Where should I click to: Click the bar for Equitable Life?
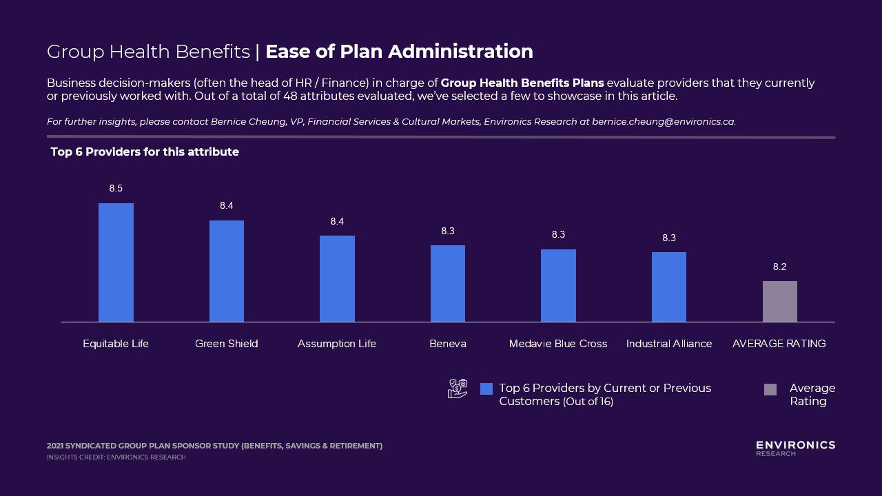[x=116, y=262]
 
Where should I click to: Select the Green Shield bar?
[x=227, y=271]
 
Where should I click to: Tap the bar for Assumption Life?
[x=337, y=278]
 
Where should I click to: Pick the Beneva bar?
[x=448, y=283]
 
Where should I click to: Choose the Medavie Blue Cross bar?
[x=558, y=285]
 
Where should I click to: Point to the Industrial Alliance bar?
[x=669, y=287]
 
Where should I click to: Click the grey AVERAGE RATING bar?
[x=779, y=301]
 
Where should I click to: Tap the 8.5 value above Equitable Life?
[x=116, y=188]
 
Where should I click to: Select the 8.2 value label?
[x=779, y=267]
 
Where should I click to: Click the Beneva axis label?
[x=448, y=343]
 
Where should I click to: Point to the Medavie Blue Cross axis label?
[x=558, y=343]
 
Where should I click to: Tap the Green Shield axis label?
[x=227, y=343]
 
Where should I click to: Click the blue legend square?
[x=486, y=389]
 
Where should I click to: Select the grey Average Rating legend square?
[x=770, y=389]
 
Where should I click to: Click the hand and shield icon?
[x=458, y=389]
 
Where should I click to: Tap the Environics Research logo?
[x=795, y=448]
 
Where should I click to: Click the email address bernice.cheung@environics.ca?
[x=663, y=121]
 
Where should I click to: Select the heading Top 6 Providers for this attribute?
[x=145, y=152]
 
